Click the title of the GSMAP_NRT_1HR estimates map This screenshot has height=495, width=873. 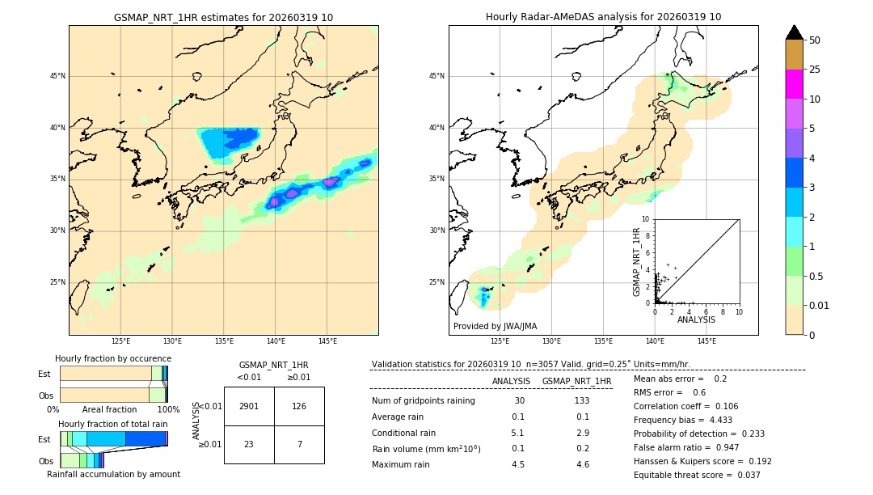(x=223, y=17)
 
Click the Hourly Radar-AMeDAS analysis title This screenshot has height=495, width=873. (x=603, y=17)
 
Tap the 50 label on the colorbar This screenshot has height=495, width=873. (x=815, y=40)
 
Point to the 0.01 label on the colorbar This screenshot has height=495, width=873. (x=820, y=305)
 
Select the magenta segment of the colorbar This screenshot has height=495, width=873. (x=795, y=84)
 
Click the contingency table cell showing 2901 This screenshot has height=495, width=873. (x=249, y=406)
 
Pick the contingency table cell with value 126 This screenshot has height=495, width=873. (x=299, y=406)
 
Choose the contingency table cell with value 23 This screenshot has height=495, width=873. (x=249, y=444)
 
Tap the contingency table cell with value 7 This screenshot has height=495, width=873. (x=299, y=444)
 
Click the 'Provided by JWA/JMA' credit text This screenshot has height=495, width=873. (x=495, y=326)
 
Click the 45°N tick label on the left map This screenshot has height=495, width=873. (x=57, y=76)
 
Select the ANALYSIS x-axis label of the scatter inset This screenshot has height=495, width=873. (x=696, y=319)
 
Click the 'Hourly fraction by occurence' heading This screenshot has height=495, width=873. (x=113, y=358)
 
